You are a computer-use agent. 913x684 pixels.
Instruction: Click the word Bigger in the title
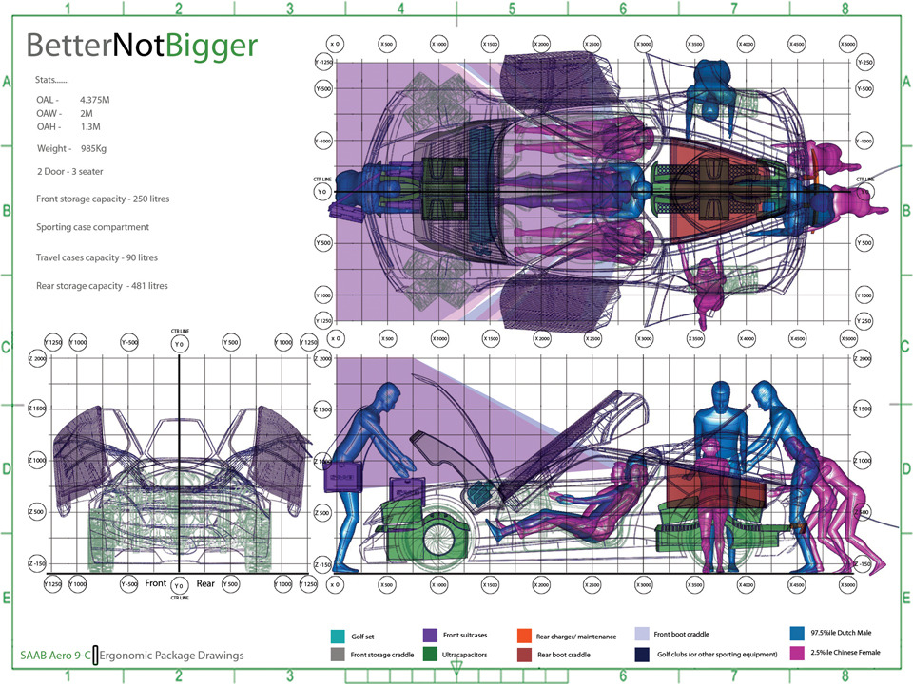(211, 46)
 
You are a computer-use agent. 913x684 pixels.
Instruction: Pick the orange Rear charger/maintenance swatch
(524, 636)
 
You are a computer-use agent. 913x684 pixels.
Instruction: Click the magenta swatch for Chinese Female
(797, 654)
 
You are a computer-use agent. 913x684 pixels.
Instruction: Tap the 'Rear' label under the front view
(206, 584)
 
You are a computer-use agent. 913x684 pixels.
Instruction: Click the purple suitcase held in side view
(342, 476)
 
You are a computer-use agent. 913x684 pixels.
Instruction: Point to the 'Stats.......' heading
(51, 83)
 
